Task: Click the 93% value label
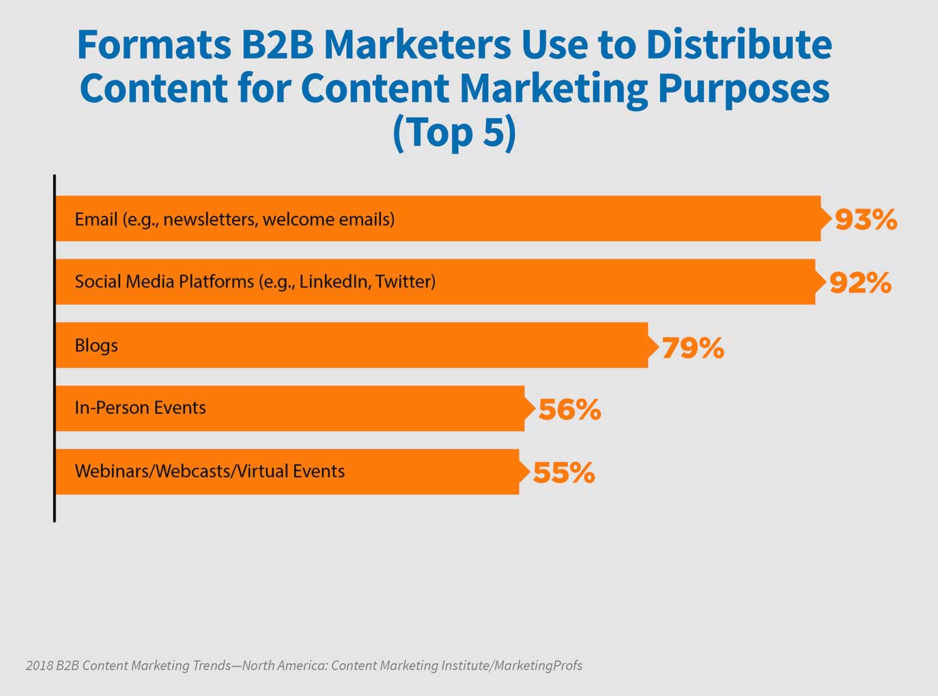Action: tap(866, 220)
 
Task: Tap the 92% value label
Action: tap(860, 283)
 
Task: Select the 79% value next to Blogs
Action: tap(692, 348)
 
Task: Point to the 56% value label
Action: tap(569, 410)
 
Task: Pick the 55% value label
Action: tap(564, 473)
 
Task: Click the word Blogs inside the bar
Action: tap(96, 346)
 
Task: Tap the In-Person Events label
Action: tap(140, 408)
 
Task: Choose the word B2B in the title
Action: tap(276, 45)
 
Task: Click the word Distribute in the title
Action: tap(739, 45)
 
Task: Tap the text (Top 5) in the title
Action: tap(455, 133)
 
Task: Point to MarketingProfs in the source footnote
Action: tap(539, 665)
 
